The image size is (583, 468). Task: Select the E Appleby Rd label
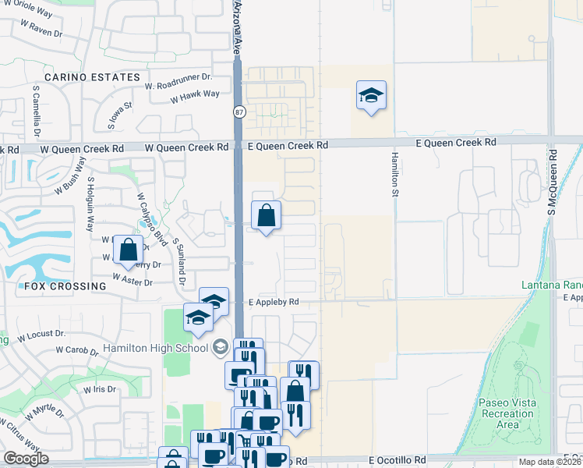(x=274, y=302)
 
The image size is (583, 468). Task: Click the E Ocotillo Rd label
(x=397, y=460)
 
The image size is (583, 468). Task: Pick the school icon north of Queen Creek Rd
(x=371, y=96)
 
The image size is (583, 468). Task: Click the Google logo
(x=26, y=459)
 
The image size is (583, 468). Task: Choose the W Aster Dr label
(x=132, y=278)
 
